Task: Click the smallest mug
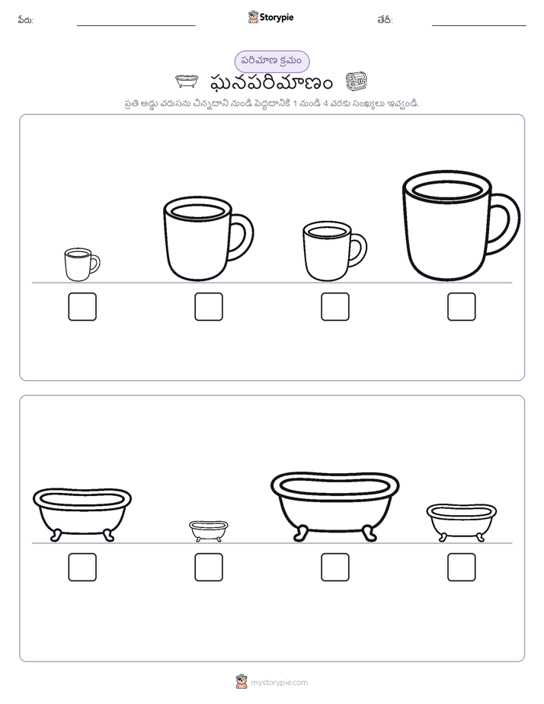tap(82, 264)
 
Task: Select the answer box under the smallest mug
tap(82, 306)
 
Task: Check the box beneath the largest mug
tap(462, 306)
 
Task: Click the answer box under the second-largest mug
tap(209, 306)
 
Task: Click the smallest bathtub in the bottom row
tap(209, 531)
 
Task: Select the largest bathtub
tap(334, 506)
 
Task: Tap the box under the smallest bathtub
tap(209, 567)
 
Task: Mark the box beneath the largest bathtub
tap(334, 567)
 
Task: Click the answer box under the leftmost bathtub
tap(82, 567)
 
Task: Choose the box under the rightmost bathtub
tap(462, 567)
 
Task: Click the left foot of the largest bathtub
tap(299, 534)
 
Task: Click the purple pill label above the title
tap(272, 61)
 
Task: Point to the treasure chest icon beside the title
tap(357, 82)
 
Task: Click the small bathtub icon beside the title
tap(187, 82)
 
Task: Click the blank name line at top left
tap(136, 25)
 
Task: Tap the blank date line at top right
tap(479, 25)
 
